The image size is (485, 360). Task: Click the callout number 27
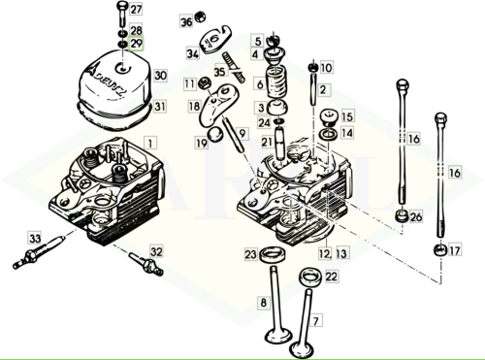(136, 10)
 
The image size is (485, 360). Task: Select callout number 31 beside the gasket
(161, 106)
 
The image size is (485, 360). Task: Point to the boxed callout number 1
(150, 143)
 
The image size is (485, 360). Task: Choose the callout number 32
(156, 251)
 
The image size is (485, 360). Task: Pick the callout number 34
(192, 54)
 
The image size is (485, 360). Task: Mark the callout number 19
(202, 144)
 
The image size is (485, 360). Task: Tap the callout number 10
(326, 68)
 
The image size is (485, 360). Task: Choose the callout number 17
(454, 250)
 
